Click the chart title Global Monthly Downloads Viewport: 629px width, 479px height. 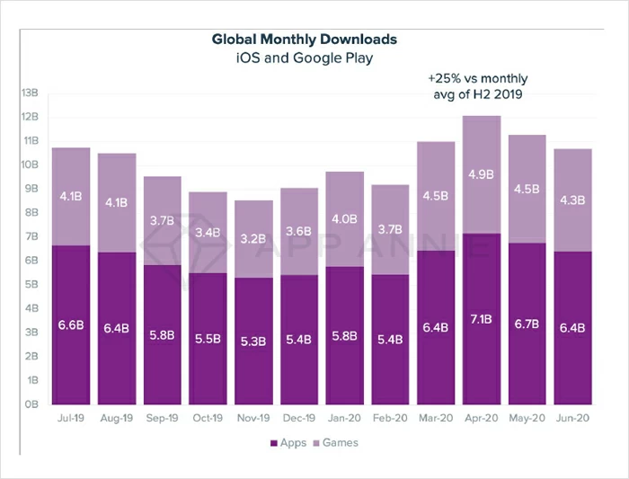[304, 40]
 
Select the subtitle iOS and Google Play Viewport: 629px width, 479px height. [304, 58]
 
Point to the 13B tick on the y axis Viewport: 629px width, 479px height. [30, 93]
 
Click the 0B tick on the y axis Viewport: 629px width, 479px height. [31, 404]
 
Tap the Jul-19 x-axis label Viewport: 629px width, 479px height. [70, 420]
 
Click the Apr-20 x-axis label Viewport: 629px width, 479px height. [481, 420]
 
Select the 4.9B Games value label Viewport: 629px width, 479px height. [481, 174]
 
